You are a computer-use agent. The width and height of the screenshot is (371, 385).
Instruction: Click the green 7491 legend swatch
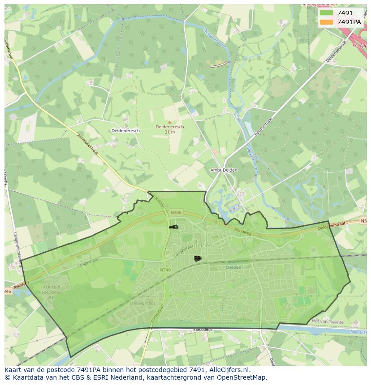pyautogui.click(x=326, y=13)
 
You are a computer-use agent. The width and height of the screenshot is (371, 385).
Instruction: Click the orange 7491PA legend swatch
pyautogui.click(x=326, y=22)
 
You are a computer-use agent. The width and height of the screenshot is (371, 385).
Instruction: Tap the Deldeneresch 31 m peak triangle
pyautogui.click(x=169, y=122)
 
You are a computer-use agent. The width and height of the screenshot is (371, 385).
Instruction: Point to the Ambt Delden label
pyautogui.click(x=224, y=170)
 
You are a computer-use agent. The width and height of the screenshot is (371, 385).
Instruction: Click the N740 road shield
pyautogui.click(x=164, y=270)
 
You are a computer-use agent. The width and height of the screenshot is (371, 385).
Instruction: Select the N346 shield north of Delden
pyautogui.click(x=176, y=212)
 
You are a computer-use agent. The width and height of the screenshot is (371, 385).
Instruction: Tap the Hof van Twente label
pyautogui.click(x=328, y=322)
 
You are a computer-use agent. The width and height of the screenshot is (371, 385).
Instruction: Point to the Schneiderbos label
pyautogui.click(x=142, y=303)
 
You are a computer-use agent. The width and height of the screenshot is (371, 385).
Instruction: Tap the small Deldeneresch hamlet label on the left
pyautogui.click(x=125, y=131)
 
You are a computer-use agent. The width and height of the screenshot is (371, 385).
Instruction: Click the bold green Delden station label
pyautogui.click(x=233, y=267)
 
